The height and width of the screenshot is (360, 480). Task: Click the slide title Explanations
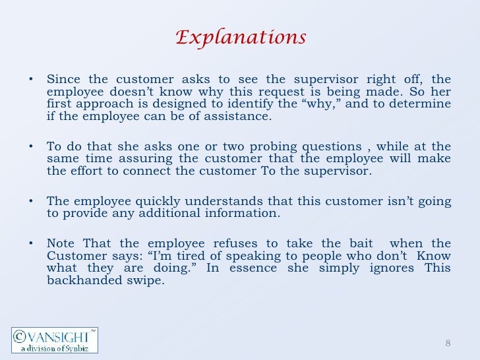[240, 38]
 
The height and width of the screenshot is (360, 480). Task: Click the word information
[236, 214]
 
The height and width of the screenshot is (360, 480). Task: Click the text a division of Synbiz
[53, 347]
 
